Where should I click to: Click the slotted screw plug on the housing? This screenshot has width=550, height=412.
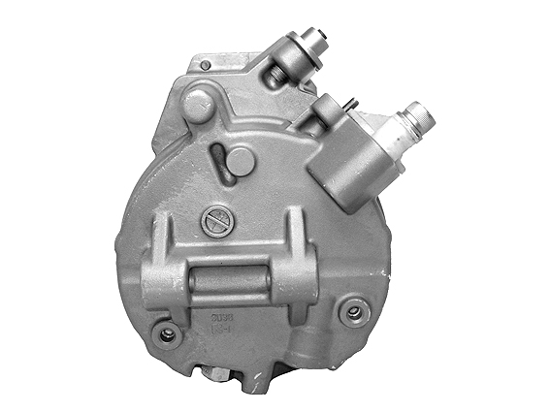[x=216, y=222]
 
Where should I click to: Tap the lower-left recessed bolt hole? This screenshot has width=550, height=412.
[x=169, y=334]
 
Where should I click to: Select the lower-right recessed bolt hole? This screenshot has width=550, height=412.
[x=353, y=312]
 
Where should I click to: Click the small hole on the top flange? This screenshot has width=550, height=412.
[x=205, y=65]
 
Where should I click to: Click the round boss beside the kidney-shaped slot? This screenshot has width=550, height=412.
[x=241, y=161]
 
